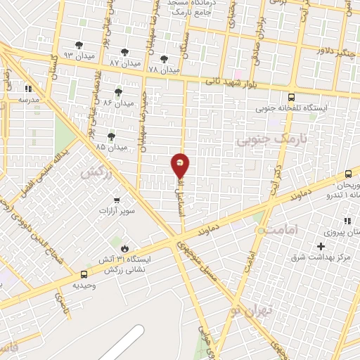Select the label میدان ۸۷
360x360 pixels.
click(x=124, y=63)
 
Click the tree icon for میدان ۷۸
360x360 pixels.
click(x=165, y=60)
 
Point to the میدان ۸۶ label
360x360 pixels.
click(x=117, y=103)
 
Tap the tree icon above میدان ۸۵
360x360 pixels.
click(x=111, y=136)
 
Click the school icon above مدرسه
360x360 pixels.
click(x=29, y=89)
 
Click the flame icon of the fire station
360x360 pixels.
click(x=124, y=248)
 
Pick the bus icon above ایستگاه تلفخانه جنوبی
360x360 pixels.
click(x=291, y=98)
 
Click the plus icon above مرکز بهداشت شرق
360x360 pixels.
click(x=321, y=246)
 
